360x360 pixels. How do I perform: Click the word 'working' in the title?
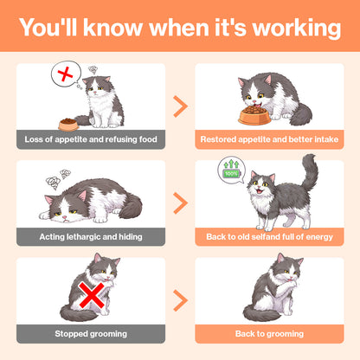[x=297, y=28]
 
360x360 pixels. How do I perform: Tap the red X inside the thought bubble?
[x=66, y=74]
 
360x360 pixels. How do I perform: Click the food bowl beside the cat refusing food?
[x=68, y=125]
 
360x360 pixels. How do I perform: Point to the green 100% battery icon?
[x=231, y=173]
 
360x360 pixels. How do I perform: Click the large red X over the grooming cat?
[x=92, y=295]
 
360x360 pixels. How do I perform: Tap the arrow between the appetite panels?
[x=181, y=106]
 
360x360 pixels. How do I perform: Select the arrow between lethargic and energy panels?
[x=181, y=203]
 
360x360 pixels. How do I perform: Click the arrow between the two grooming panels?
[x=181, y=300]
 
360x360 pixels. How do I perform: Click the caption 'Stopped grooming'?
[x=91, y=334]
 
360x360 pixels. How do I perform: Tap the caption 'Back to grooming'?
[x=269, y=334]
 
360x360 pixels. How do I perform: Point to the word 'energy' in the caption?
[x=319, y=237]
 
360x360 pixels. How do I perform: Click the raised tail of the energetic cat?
[x=310, y=171]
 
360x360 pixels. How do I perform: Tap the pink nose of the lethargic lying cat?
[x=65, y=217]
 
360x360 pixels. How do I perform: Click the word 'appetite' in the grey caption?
[x=71, y=139]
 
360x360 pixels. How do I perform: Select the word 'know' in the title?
[x=112, y=28]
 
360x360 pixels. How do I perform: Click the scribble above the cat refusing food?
[x=93, y=70]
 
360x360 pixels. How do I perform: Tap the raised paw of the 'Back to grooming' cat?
[x=289, y=286]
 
